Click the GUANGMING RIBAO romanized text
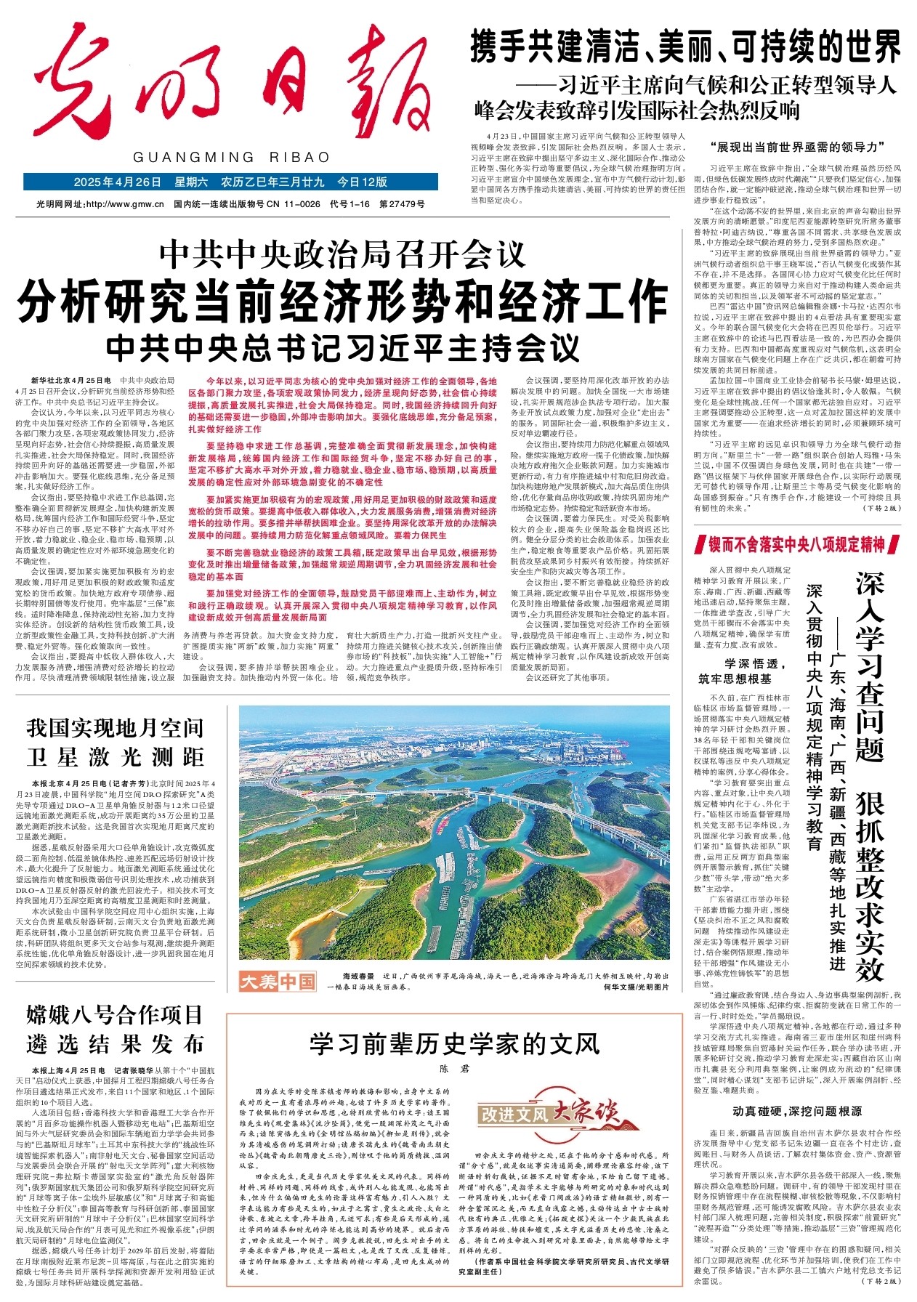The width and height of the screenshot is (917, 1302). [230, 158]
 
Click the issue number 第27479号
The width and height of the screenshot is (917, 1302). [402, 204]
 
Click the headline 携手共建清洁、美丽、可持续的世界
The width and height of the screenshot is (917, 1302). [685, 49]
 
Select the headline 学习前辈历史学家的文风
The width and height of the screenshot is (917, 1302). [454, 1044]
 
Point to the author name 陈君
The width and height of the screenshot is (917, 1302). [454, 1069]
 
